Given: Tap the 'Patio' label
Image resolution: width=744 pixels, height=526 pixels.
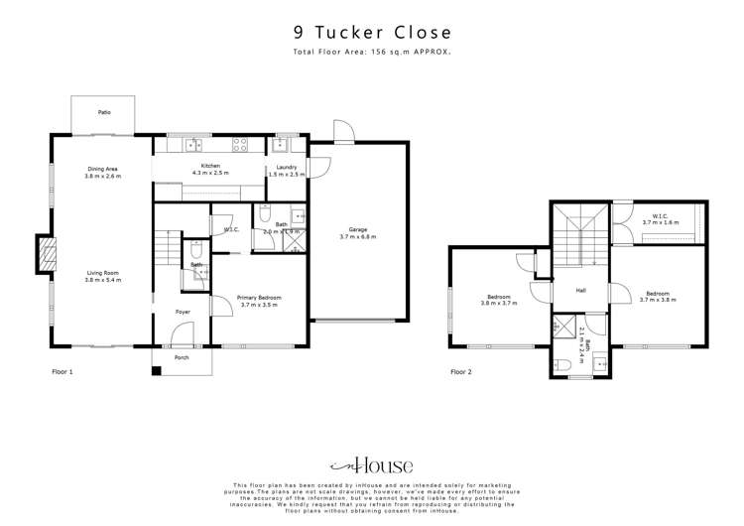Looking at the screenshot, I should (x=104, y=113).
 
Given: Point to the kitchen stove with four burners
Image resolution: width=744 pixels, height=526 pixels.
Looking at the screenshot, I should (x=239, y=144).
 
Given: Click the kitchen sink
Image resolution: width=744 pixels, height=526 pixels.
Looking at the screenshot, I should (x=189, y=145).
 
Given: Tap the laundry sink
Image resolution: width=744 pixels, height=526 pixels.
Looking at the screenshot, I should (x=282, y=145).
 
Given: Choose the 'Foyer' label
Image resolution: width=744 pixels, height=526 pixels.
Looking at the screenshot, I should (x=183, y=312).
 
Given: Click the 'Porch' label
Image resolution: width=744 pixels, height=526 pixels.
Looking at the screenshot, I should (x=182, y=357).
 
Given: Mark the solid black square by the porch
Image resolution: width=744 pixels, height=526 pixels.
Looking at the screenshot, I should (x=156, y=371).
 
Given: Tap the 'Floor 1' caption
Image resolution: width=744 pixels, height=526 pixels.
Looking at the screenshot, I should (x=63, y=372).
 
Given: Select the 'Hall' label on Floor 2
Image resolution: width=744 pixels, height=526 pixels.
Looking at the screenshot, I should (x=584, y=291).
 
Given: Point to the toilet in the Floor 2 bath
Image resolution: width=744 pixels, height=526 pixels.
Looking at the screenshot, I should (x=563, y=366).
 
